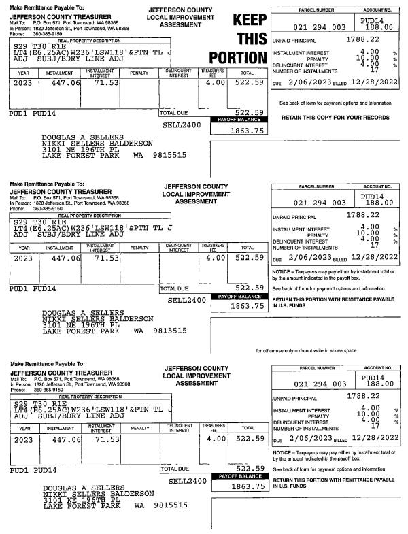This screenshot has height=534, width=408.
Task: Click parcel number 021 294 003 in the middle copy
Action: coord(319,203)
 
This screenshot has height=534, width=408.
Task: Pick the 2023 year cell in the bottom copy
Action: coord(22,439)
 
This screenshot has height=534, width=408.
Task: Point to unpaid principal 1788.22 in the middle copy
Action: coord(351,216)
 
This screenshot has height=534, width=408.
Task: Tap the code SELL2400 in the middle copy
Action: coord(186,299)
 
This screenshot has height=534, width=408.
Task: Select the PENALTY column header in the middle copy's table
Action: coord(139,248)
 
